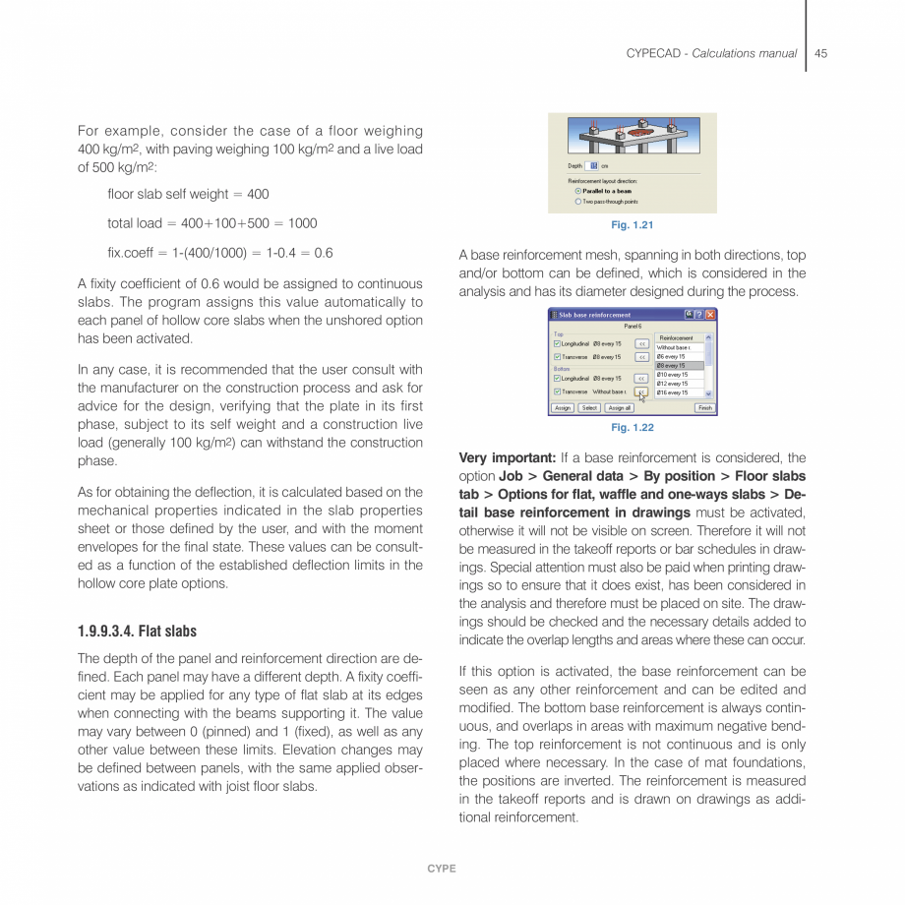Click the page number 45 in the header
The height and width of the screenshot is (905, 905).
click(x=820, y=53)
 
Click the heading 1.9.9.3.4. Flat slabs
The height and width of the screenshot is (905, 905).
click(x=137, y=632)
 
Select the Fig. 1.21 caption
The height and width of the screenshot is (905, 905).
click(x=632, y=226)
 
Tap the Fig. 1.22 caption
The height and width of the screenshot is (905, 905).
click(x=632, y=428)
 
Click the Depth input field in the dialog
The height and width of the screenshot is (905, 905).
click(x=593, y=165)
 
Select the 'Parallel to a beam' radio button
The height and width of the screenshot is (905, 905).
click(x=578, y=191)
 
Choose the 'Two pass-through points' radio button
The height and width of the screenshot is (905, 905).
click(x=578, y=202)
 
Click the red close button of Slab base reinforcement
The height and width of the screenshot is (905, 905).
click(x=710, y=315)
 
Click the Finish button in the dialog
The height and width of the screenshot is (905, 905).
click(x=704, y=407)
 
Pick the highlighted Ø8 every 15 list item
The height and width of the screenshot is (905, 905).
click(x=679, y=366)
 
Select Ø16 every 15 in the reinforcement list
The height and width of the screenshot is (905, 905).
click(x=679, y=392)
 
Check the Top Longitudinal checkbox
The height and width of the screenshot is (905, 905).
click(x=557, y=343)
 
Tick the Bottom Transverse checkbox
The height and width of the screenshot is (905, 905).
click(x=557, y=392)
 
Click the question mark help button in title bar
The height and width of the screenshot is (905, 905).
click(x=698, y=315)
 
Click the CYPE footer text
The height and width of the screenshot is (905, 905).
click(x=442, y=869)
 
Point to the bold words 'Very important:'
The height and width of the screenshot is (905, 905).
click(x=508, y=457)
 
